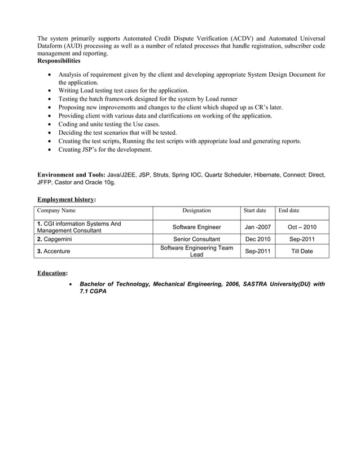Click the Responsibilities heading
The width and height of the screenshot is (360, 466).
point(58,60)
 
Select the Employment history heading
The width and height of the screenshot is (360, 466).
point(66,199)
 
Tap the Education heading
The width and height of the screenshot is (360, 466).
point(52,273)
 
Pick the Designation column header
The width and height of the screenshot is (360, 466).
point(196,210)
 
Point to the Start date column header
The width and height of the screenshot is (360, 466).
point(254,210)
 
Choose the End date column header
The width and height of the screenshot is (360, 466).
point(289,210)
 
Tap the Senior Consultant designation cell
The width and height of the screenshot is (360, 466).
point(196,239)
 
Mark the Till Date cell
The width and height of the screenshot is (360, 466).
point(302,251)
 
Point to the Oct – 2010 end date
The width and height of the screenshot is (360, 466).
point(302,227)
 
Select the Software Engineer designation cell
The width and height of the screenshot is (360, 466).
point(196,227)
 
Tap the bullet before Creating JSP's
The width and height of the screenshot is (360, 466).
point(52,150)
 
